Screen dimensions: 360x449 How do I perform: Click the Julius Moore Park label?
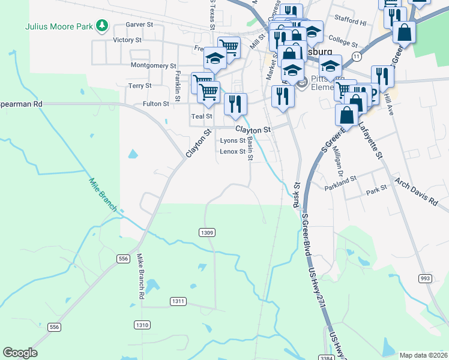60,26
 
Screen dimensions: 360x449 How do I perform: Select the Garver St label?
140,25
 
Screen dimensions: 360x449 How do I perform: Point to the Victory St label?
127,40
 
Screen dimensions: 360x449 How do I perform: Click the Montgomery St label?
153,65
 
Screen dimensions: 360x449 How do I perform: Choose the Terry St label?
140,86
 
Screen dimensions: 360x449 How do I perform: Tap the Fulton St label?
156,104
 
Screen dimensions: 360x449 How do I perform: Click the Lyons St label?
233,140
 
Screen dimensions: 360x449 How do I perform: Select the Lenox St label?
232,152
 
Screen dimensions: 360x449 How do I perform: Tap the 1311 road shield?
178,301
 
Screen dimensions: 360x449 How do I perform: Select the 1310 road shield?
142,325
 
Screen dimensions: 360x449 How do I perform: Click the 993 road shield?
426,278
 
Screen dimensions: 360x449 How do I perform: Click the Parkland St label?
340,178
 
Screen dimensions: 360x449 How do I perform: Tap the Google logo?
20,353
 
